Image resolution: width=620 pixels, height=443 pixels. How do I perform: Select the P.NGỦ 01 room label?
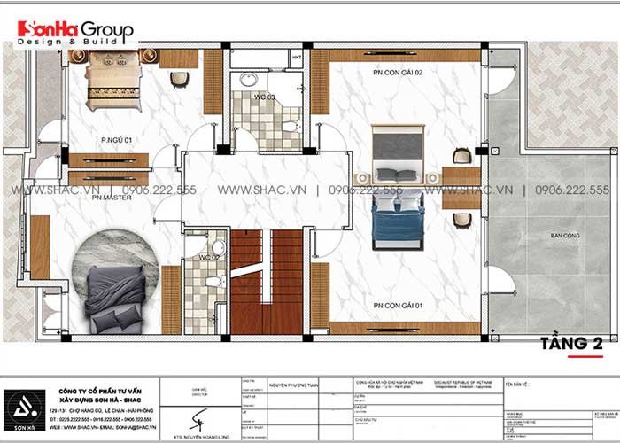116,139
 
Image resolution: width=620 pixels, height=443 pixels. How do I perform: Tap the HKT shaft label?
296,58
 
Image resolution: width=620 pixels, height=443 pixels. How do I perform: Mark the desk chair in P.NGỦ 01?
180,78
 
